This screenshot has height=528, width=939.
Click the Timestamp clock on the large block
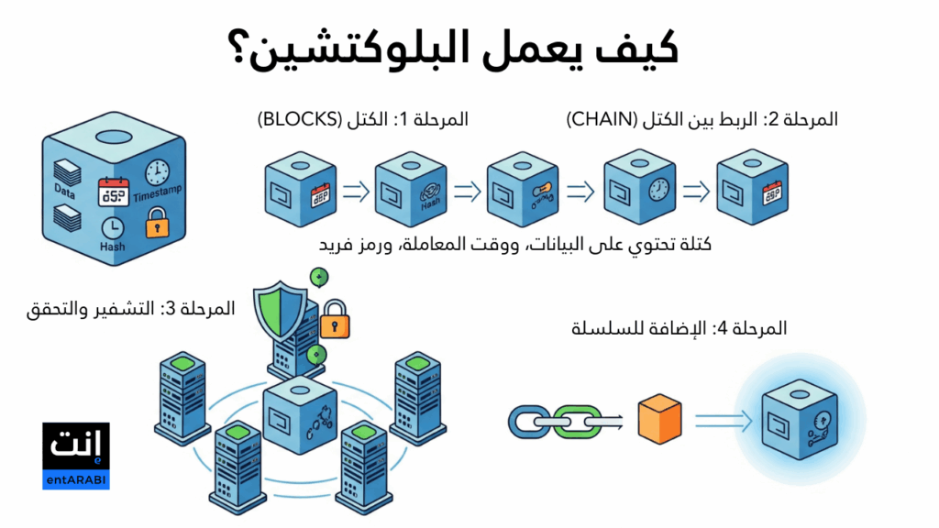click(x=157, y=170)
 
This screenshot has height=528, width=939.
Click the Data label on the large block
click(x=64, y=193)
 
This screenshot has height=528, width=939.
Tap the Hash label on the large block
click(x=112, y=247)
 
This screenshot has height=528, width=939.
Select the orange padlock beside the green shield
click(x=333, y=319)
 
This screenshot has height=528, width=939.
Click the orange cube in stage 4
click(x=659, y=421)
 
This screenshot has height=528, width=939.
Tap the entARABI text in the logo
click(x=76, y=480)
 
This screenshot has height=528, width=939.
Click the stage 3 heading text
click(x=131, y=309)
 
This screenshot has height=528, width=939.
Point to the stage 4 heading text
click(x=679, y=328)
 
